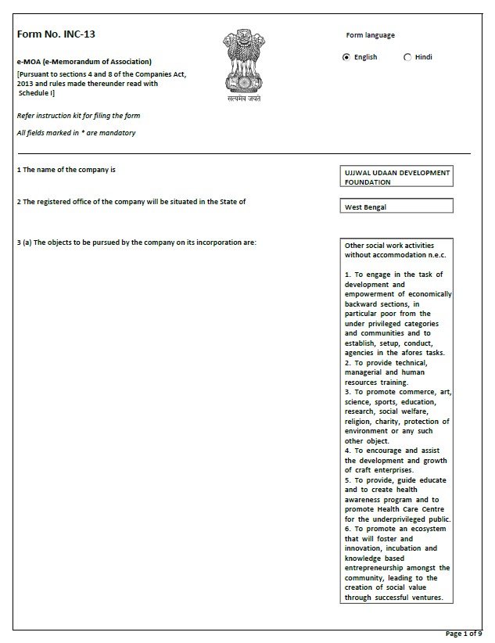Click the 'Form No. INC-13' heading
tap(56, 34)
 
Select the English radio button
tap(346, 57)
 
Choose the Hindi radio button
tap(407, 57)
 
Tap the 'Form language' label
tap(370, 35)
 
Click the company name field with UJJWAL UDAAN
tap(396, 177)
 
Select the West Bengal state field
tap(396, 207)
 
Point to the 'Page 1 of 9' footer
tap(464, 633)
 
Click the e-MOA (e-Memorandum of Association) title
tap(84, 61)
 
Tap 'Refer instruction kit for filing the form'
tap(78, 116)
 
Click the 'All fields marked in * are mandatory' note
tap(76, 133)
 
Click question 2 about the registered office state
tap(131, 202)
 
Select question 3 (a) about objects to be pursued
tap(137, 242)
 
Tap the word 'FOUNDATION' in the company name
tap(368, 182)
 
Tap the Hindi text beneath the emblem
tap(240, 100)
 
